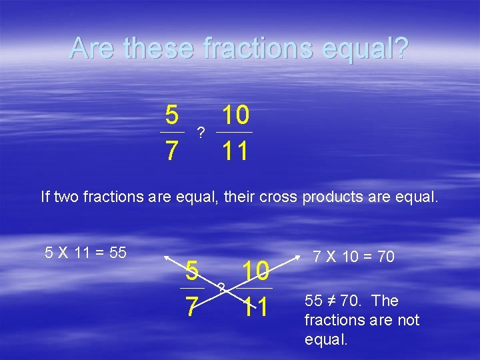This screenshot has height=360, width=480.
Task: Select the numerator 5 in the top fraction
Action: [172, 116]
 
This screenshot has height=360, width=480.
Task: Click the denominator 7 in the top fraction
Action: [172, 151]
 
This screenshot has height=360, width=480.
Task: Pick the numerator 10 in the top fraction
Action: [235, 116]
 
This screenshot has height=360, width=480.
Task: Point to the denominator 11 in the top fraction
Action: [235, 151]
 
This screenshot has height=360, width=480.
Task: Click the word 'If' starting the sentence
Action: [45, 197]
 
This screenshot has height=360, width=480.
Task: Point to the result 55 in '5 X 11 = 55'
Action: [117, 253]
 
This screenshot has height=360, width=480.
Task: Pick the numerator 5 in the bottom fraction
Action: [192, 271]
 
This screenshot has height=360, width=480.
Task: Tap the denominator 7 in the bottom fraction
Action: [191, 307]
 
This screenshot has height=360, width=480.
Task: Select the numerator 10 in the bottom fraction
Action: [255, 271]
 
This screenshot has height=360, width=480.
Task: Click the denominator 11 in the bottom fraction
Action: [255, 307]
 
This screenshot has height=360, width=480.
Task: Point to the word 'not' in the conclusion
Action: [407, 320]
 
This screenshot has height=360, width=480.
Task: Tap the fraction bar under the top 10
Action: [235, 133]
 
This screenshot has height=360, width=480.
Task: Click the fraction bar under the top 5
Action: [172, 133]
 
